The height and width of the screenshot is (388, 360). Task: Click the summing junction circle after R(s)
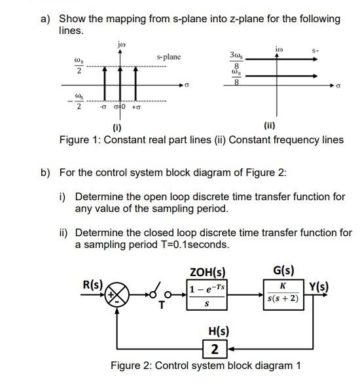(118, 292)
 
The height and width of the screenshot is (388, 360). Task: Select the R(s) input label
(92, 285)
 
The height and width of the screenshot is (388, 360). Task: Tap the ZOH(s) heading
(207, 271)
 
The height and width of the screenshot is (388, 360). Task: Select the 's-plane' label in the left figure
(169, 58)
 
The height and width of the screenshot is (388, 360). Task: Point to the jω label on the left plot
(119, 44)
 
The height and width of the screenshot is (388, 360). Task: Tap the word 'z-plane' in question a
(242, 18)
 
